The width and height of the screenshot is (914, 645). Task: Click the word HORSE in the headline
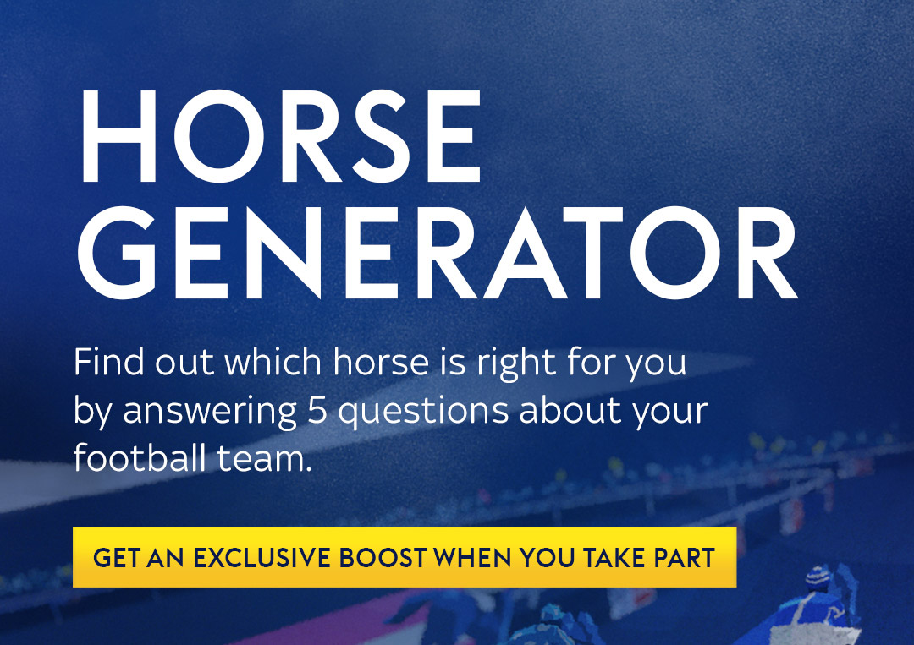tap(280, 136)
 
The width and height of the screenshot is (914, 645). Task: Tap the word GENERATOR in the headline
tap(438, 253)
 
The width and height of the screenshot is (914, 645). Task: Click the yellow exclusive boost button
tap(405, 557)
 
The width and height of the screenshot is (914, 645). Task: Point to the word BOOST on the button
tap(383, 558)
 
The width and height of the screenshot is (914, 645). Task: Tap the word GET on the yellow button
tap(117, 558)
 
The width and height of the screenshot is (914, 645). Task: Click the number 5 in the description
tap(317, 410)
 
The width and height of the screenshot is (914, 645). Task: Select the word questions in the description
tap(424, 413)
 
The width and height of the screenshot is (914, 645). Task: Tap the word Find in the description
tap(109, 361)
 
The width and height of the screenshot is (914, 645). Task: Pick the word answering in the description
tap(210, 413)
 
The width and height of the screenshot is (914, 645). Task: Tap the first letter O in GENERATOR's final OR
tap(677, 253)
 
